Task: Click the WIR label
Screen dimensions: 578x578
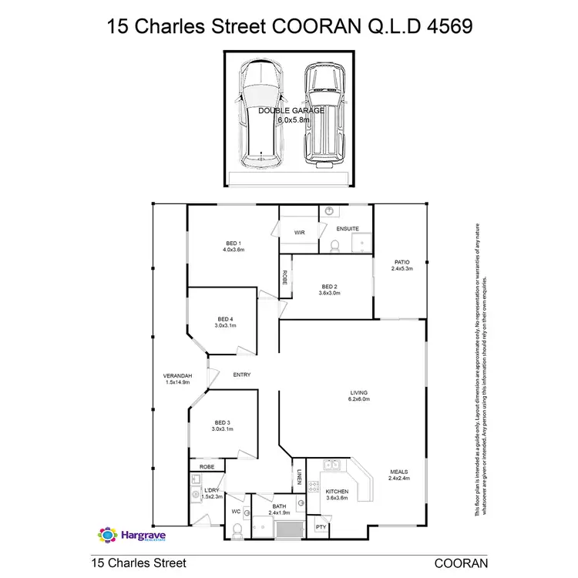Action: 298,230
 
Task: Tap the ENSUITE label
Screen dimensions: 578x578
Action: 347,229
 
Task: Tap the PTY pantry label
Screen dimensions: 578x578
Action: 321,527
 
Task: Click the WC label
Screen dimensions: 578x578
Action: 237,512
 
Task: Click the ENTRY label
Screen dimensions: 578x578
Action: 242,375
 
